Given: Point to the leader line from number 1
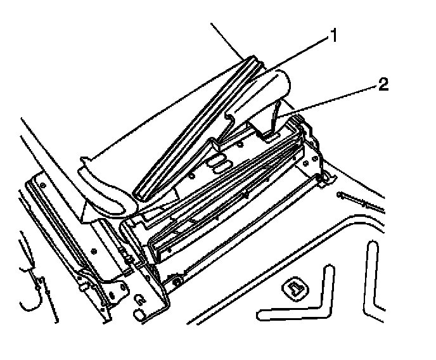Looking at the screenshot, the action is click(298, 55).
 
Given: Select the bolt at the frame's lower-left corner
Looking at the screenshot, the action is click(176, 278).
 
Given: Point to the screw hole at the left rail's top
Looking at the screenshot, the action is click(41, 184).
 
